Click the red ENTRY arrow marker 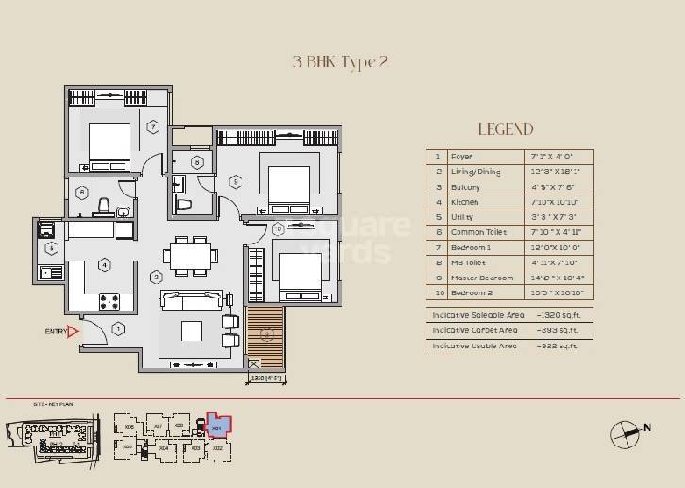pos(74,331)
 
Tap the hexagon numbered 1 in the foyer pos(118,328)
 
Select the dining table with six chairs pos(187,255)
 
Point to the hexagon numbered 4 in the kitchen pos(105,265)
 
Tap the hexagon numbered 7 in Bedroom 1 pos(152,126)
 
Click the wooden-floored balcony pos(267,334)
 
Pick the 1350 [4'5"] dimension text pos(267,379)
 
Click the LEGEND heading pos(505,129)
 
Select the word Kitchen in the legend pos(464,202)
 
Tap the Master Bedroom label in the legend pos(482,278)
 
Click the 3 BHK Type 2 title pos(341,63)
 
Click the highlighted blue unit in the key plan pos(217,425)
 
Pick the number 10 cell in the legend pos(437,294)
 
